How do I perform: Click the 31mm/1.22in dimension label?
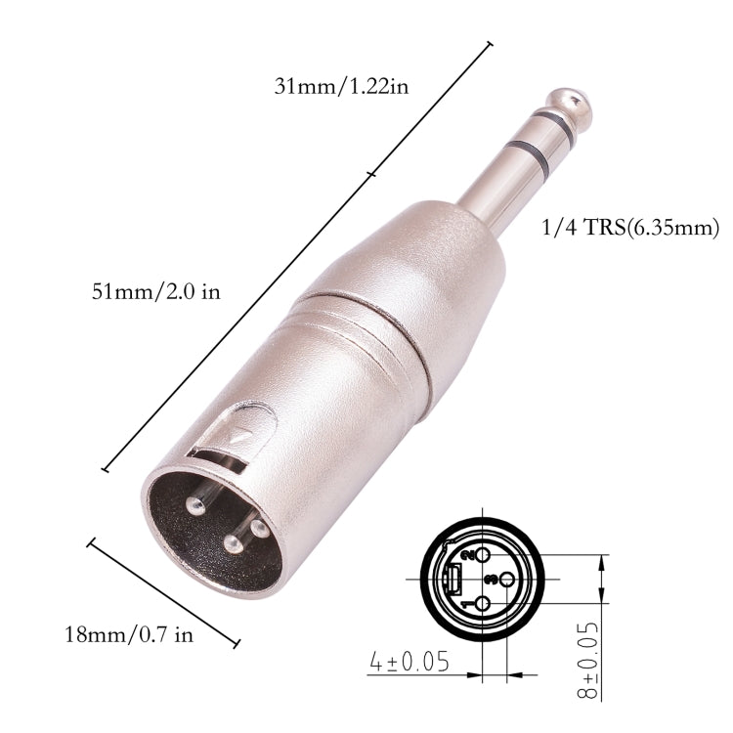[341, 85]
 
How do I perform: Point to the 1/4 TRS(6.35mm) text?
[629, 229]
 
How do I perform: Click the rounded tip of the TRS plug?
[571, 102]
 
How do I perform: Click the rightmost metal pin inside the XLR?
[258, 528]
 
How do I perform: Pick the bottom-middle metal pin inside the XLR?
[232, 544]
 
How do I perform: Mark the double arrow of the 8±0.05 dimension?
[600, 580]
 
